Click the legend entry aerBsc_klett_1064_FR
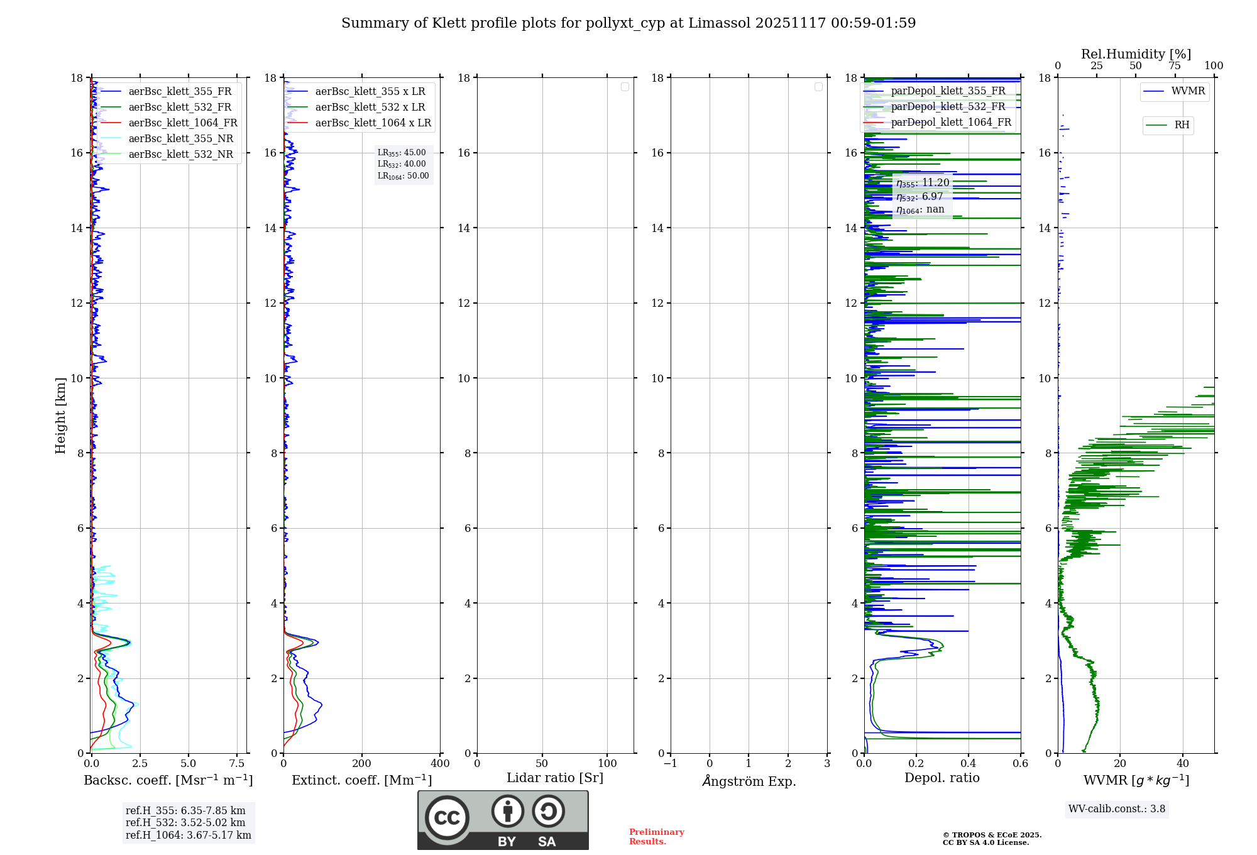pos(182,123)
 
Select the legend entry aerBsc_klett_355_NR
pos(180,139)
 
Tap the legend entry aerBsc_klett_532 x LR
pos(370,108)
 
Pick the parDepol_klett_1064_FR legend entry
pos(951,123)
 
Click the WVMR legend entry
pos(1187,91)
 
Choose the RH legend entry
pos(1182,125)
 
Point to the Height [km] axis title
pos(60,416)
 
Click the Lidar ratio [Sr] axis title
pos(555,778)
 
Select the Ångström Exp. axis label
pos(749,781)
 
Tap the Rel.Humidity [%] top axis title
pos(1136,54)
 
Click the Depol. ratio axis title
pos(941,778)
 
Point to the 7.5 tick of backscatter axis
pos(237,764)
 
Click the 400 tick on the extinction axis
pos(440,764)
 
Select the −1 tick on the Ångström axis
pos(670,764)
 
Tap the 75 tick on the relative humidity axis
pos(1175,66)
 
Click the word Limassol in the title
pos(719,23)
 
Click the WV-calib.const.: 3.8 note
pos(1117,809)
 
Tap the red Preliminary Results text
pos(656,837)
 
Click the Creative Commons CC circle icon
pos(447,818)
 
